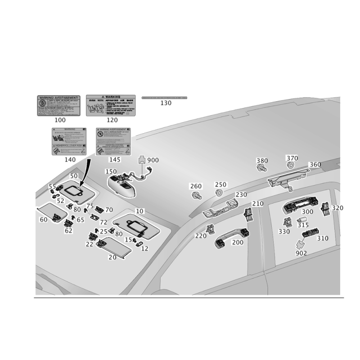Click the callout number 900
pos(153,160)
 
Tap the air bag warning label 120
pos(111,106)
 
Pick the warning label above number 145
pos(113,141)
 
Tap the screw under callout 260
pos(196,195)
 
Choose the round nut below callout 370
pos(292,166)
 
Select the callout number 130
pos(166,103)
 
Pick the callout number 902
pos(301,253)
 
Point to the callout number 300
pos(308,212)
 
